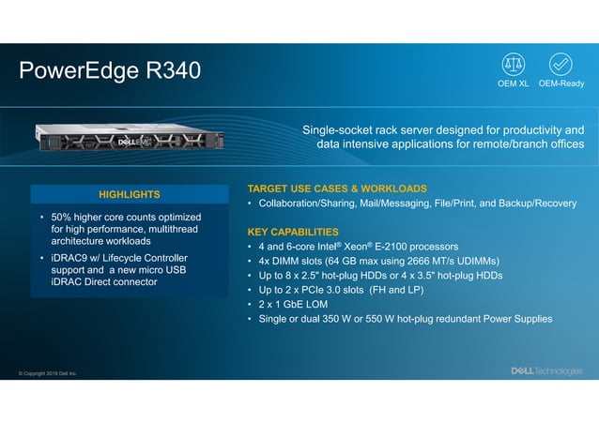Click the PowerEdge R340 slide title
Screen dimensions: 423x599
coord(110,71)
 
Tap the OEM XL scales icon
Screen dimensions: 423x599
coord(514,64)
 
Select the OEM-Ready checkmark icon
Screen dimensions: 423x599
coord(561,64)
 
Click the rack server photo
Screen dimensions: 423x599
coord(126,139)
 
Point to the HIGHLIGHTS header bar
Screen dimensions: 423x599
coord(130,194)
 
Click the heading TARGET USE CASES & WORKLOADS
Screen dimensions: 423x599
coord(336,189)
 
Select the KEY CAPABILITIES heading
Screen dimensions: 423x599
coord(293,232)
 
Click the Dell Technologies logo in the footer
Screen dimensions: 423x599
coord(545,371)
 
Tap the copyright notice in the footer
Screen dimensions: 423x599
coord(48,373)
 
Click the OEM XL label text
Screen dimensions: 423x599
coord(514,83)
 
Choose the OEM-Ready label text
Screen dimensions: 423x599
coord(561,83)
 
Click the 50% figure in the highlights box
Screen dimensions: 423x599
coord(63,217)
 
